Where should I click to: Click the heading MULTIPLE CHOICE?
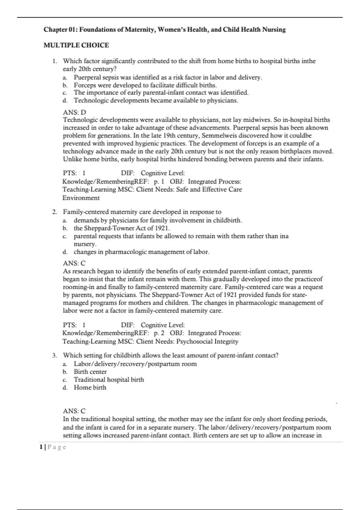pos(76,45)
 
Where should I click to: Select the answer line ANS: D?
pos(74,112)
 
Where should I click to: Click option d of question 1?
pos(156,100)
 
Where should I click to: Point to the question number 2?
pos(54,212)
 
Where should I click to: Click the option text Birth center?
pos(90,372)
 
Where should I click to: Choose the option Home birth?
pos(90,387)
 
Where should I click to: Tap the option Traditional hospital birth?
pos(109,379)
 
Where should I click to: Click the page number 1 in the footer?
pos(41,447)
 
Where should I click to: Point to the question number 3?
pos(54,355)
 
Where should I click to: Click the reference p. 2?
pos(159,333)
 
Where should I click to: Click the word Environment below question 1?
pos(81,198)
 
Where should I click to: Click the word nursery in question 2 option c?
pos(85,244)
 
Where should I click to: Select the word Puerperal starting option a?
pos(87,77)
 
